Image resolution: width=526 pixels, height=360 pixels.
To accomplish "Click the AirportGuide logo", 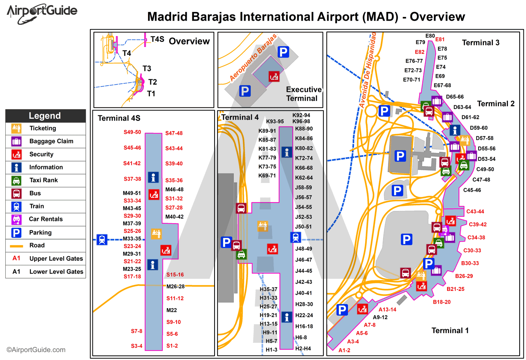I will (x=42, y=14).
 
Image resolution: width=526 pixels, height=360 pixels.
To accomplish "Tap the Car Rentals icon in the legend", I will (x=16, y=219).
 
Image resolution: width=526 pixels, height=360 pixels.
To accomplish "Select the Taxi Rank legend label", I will (x=44, y=180).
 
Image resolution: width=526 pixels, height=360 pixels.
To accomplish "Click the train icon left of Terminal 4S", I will (x=102, y=239).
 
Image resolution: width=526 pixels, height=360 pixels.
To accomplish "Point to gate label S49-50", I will (x=132, y=132).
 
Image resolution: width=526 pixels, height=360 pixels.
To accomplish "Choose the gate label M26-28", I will (x=175, y=286).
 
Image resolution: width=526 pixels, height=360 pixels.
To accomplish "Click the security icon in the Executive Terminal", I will (x=274, y=76).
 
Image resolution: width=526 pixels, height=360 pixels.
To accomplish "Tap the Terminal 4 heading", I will (x=240, y=117).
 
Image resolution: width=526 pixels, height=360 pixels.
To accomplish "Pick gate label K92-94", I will (x=301, y=115).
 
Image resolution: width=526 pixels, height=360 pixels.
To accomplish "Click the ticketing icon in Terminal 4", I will (x=263, y=226).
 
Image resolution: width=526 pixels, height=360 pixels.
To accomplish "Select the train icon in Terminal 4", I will (x=296, y=237).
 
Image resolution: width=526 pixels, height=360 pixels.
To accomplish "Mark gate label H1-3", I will (x=271, y=350).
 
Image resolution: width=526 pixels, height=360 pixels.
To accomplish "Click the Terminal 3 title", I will (x=481, y=43).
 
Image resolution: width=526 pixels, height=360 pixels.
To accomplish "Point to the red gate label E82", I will (x=420, y=52).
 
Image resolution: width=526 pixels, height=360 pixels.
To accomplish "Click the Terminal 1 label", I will (x=450, y=331).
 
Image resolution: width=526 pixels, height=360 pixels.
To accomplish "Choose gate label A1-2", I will (x=344, y=350).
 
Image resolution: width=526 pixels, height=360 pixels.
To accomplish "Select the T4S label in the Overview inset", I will (x=157, y=39).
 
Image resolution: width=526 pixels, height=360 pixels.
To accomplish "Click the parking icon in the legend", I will (x=16, y=233).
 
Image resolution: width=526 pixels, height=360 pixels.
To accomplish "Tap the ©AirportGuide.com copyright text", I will (x=36, y=350).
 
